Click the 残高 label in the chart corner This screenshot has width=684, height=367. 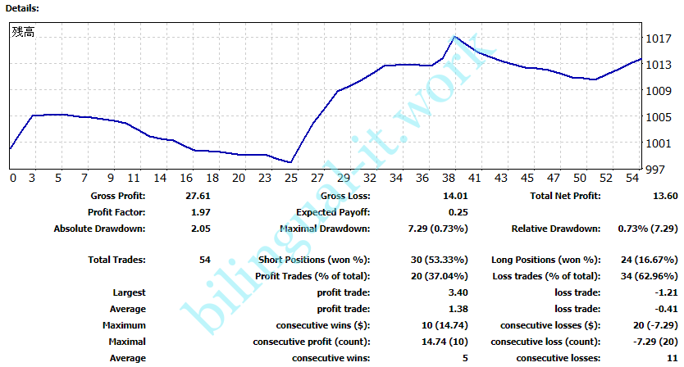23,32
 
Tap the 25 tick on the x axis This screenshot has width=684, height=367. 291,178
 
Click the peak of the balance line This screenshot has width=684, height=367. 455,37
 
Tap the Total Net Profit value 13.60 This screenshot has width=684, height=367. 662,196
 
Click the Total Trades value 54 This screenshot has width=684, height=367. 204,260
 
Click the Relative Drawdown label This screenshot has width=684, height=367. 555,229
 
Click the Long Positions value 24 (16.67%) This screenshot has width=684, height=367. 642,260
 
